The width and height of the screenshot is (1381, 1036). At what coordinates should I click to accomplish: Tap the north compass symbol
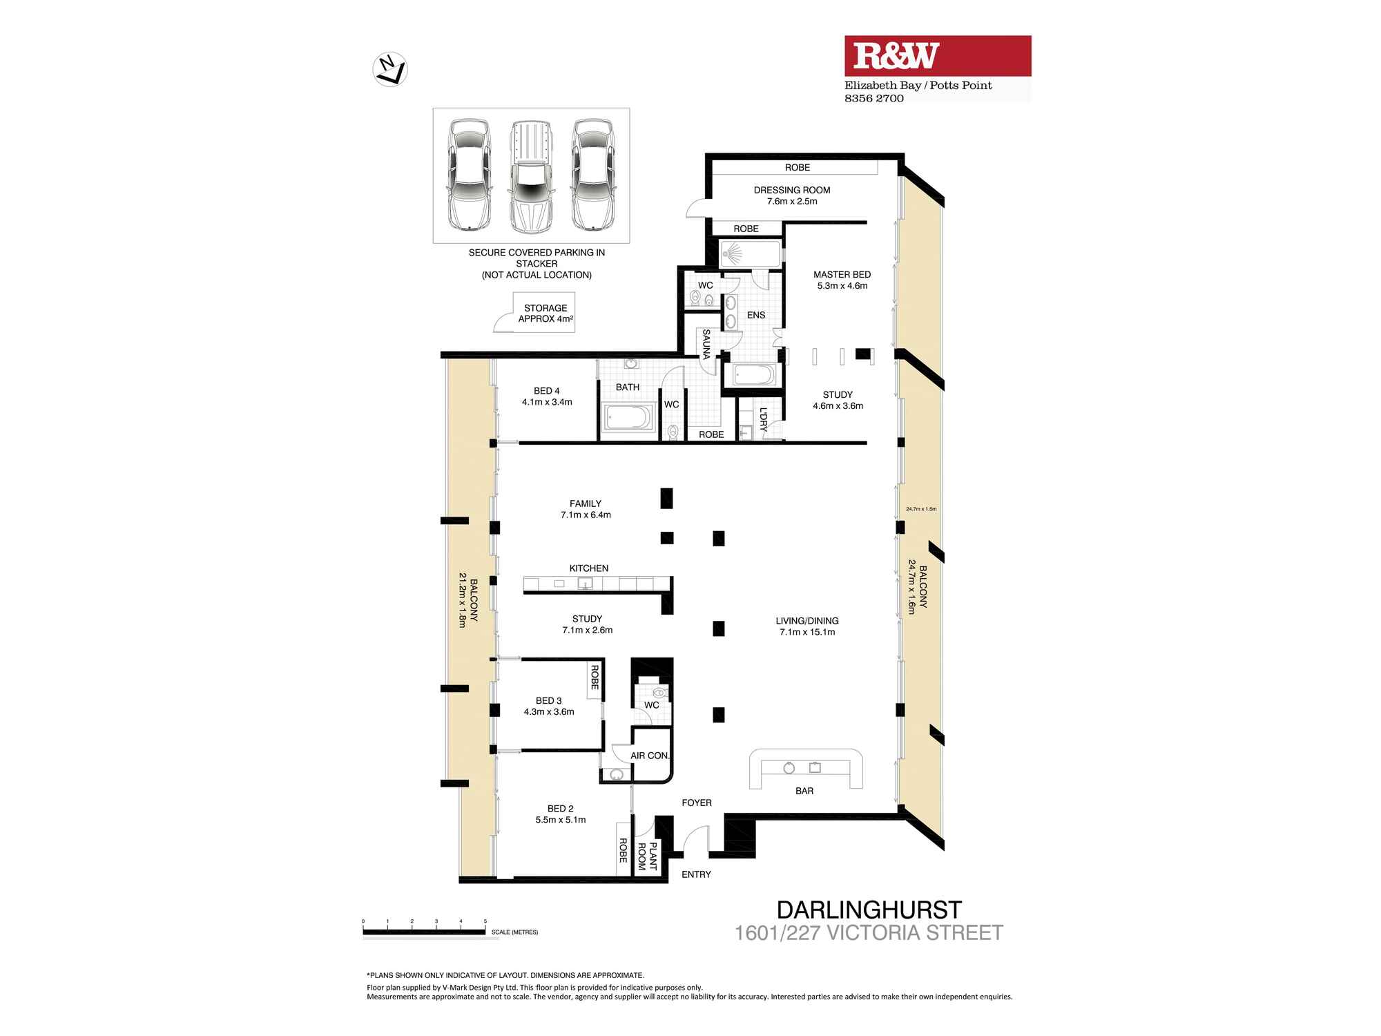390,70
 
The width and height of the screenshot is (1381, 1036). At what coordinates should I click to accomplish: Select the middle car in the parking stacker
531,176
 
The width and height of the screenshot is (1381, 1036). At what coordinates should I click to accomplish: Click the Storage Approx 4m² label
545,314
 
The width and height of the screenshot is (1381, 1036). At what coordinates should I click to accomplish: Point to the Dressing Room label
792,190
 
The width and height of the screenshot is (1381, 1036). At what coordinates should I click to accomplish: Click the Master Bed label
842,274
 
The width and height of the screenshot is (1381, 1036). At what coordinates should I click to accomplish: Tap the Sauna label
706,343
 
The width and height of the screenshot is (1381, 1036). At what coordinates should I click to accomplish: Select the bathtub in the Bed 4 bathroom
628,418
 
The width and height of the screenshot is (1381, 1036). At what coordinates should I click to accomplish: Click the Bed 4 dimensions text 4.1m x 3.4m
547,402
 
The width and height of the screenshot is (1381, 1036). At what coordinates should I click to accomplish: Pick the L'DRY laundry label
763,419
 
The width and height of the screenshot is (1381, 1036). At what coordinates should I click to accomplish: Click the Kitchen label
589,568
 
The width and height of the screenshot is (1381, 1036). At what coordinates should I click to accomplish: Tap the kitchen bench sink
585,584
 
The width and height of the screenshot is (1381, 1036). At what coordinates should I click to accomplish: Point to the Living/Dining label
807,621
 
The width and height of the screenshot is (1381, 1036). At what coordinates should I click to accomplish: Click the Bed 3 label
549,700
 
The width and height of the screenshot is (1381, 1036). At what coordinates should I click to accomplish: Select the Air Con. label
650,756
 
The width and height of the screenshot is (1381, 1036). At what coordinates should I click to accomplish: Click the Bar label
804,791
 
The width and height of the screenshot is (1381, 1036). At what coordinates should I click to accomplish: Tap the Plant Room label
647,856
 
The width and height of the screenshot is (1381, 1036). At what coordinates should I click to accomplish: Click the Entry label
696,874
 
